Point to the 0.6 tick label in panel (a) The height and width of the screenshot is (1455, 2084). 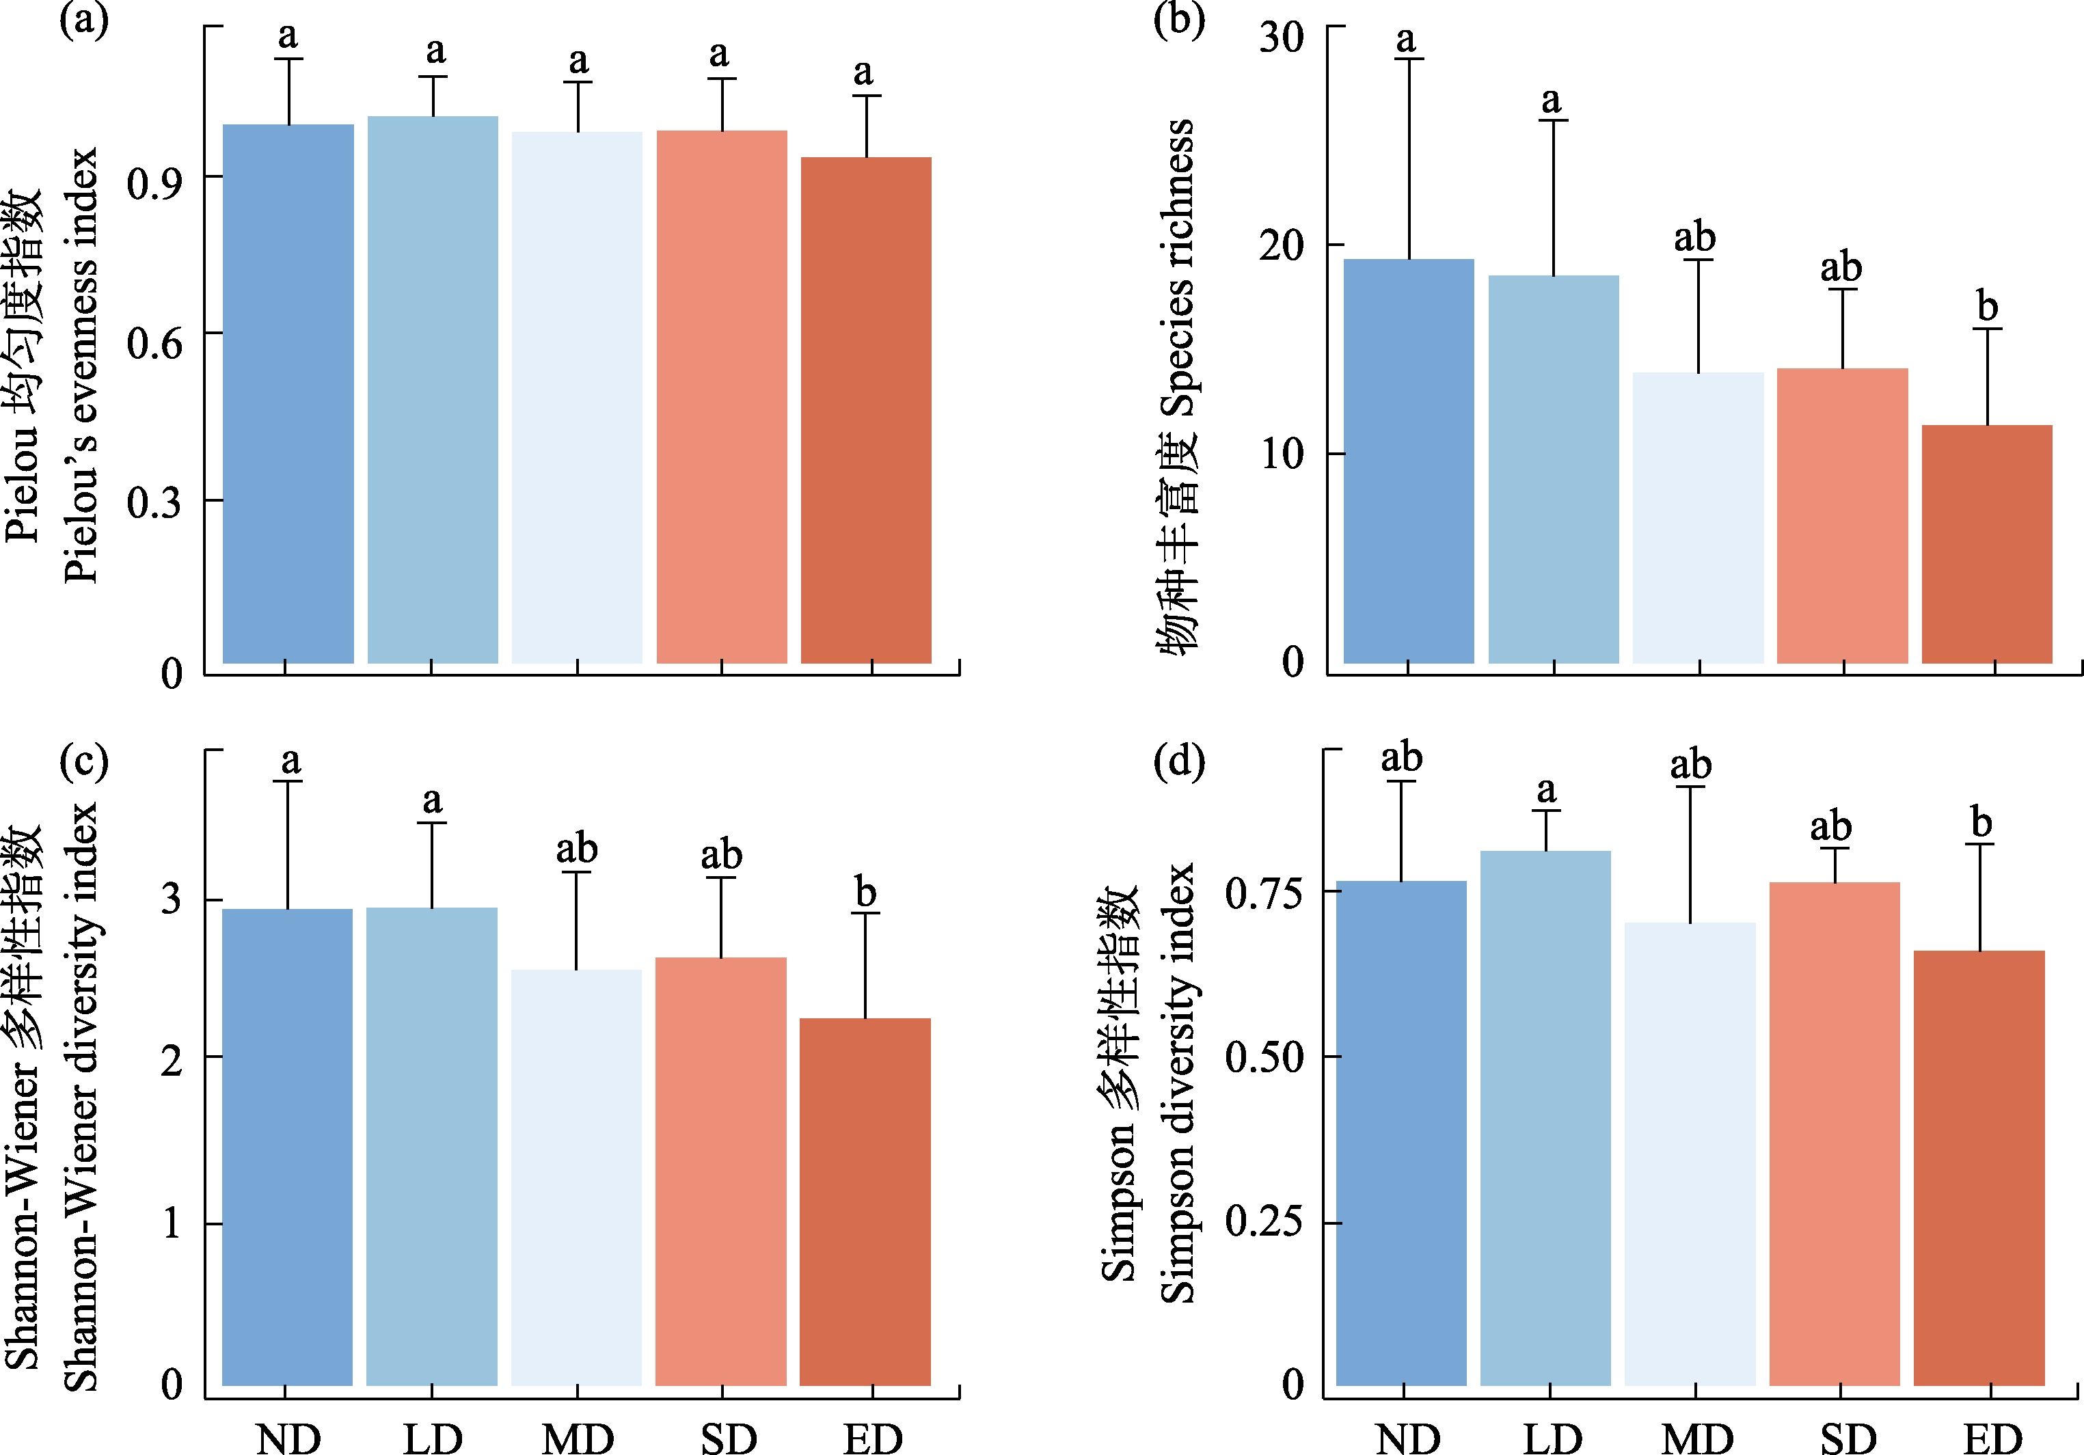coord(154,343)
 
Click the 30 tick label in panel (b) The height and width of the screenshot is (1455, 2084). coord(1281,38)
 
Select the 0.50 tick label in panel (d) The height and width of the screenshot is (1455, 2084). coord(1264,1057)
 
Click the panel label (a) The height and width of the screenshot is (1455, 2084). coord(83,18)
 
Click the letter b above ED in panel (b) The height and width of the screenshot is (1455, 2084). coord(1987,306)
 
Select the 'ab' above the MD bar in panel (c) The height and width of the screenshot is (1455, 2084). coord(576,849)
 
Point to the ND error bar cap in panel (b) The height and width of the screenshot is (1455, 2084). coord(1409,59)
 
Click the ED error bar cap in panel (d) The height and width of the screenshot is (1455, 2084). coord(1979,845)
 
